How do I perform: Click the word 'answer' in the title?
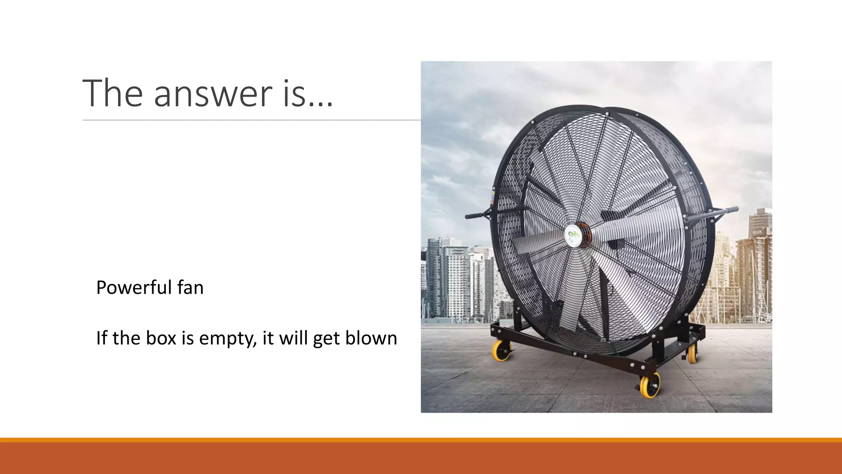click(x=213, y=94)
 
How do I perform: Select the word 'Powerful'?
click(x=133, y=287)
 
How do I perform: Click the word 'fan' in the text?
click(x=190, y=287)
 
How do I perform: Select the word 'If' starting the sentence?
click(x=101, y=338)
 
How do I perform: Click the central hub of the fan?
click(x=574, y=235)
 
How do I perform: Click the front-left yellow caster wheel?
click(x=502, y=351)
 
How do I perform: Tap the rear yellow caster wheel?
click(x=692, y=353)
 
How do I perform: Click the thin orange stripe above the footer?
click(x=421, y=440)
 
